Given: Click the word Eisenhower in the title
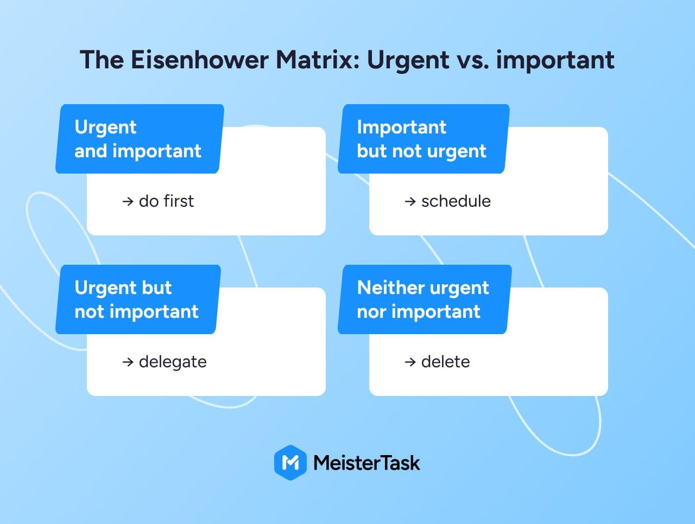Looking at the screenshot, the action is [x=200, y=60].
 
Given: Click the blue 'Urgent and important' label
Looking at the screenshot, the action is [x=140, y=138].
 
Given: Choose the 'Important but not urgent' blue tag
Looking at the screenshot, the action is [x=424, y=138].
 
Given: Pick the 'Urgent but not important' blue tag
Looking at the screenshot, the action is [x=138, y=299].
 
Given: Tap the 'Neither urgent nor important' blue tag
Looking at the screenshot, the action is [x=425, y=299].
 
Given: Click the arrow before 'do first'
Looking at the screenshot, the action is [x=128, y=201].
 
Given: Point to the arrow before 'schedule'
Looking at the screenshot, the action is [x=410, y=201].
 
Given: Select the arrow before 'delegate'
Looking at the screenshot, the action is [x=128, y=362].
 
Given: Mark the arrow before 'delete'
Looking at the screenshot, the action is [x=410, y=362].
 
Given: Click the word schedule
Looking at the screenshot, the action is [x=456, y=201].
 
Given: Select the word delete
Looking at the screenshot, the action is [x=445, y=361].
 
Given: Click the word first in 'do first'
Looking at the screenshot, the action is [x=179, y=201].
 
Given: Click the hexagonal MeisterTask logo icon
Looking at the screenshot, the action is [x=290, y=463].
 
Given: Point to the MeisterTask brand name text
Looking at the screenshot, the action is [x=367, y=463].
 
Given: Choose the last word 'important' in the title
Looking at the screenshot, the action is [x=555, y=60].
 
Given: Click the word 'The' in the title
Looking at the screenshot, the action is [x=102, y=60].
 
